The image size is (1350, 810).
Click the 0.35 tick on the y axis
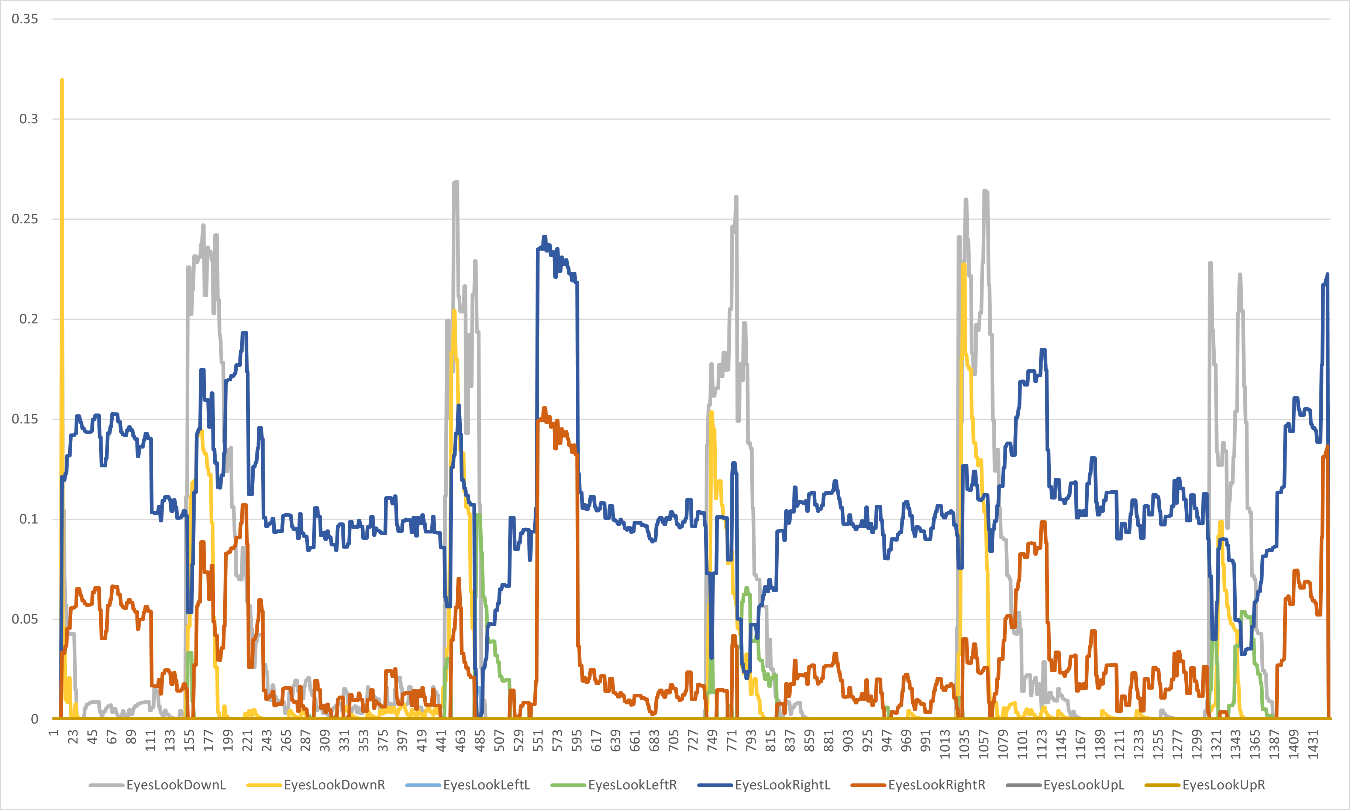pos(25,19)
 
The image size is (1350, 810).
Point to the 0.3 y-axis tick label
pos(28,119)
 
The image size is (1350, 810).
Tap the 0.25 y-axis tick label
pos(25,219)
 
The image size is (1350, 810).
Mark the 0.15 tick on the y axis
pos(25,419)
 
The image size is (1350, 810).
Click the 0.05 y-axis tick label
pos(25,619)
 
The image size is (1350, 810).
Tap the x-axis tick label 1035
pos(964,744)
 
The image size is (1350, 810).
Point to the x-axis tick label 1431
pos(1313,744)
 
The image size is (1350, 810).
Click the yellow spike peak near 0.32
pos(62,80)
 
